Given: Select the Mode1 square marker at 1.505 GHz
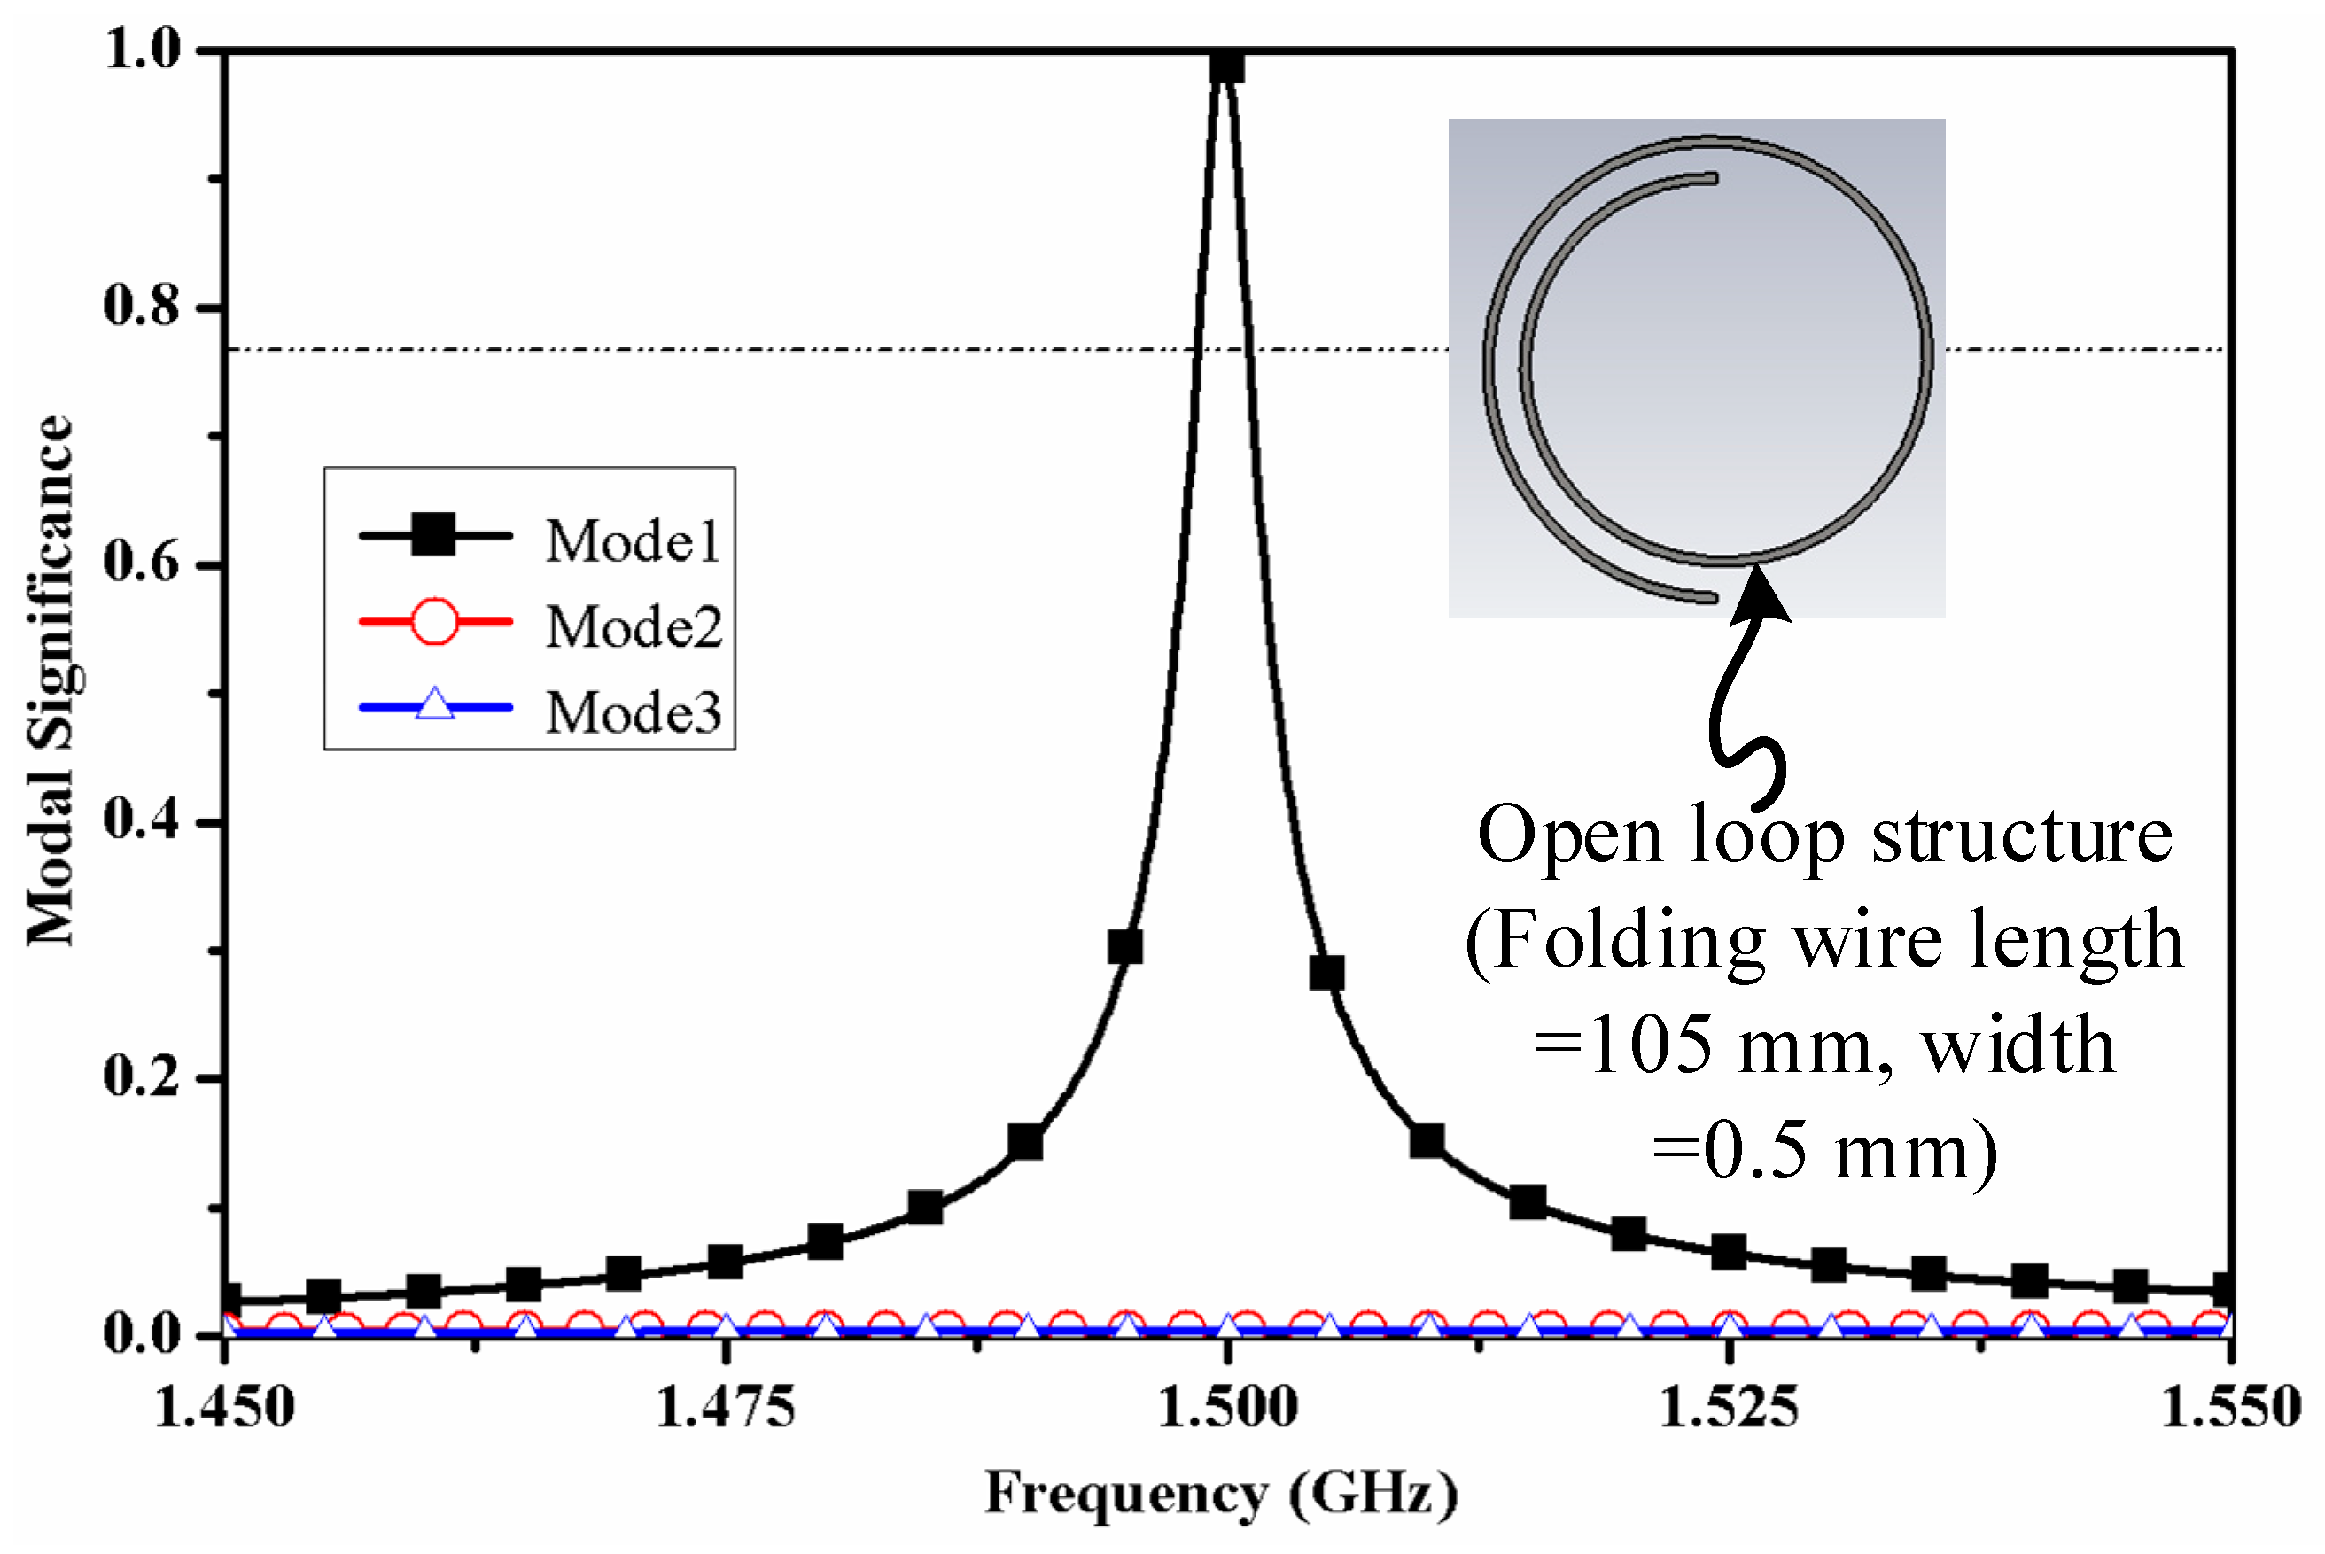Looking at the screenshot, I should point(1327,973).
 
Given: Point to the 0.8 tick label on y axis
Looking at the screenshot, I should point(142,307).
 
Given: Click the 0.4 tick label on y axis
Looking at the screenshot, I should point(142,820).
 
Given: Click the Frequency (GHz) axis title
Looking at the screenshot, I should point(1221,1495).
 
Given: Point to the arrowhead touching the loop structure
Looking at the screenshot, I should point(1759,594).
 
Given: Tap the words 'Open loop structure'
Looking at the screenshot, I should point(1823,835).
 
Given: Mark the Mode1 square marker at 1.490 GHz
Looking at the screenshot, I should point(1026,1143).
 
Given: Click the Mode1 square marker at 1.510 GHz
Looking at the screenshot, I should point(1427,1142).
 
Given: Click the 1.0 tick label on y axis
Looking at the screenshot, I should point(142,50).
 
